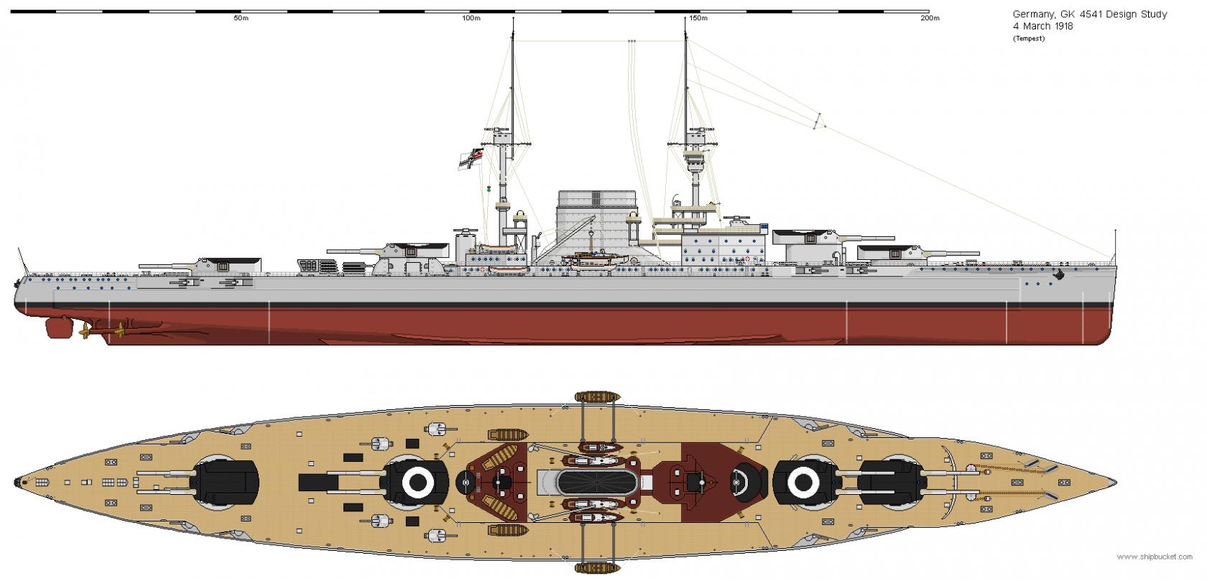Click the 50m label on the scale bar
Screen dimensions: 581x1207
241,18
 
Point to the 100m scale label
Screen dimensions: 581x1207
471,18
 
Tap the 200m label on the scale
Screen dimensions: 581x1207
929,18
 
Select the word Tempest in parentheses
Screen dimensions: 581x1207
1029,38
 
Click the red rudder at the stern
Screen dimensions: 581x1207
57,328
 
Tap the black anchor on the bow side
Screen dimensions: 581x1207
1058,275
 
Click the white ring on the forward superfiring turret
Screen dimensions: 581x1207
804,483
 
